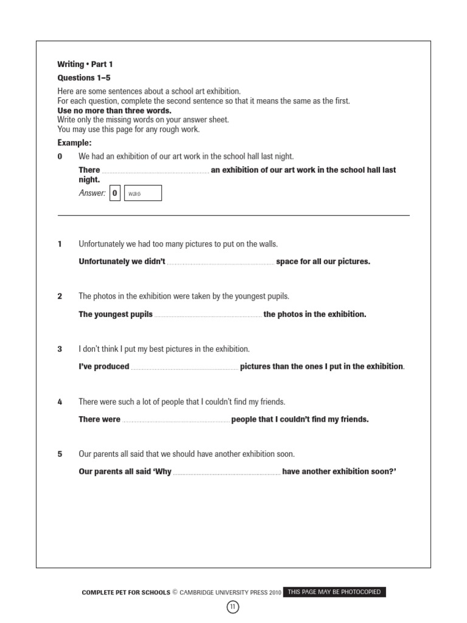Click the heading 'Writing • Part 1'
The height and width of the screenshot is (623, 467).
(x=85, y=64)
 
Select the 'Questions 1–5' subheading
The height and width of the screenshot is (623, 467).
(x=84, y=78)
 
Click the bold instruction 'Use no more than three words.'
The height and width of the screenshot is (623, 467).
(x=114, y=111)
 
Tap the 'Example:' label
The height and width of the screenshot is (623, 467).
(x=74, y=143)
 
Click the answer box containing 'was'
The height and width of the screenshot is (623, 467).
(x=143, y=193)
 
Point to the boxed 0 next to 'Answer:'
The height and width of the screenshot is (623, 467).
(x=115, y=193)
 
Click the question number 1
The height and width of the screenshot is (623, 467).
(x=60, y=244)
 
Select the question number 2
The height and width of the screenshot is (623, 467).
(x=60, y=296)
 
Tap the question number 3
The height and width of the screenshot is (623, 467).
(x=60, y=349)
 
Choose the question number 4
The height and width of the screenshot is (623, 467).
(x=60, y=402)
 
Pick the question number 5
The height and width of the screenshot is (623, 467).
(x=60, y=454)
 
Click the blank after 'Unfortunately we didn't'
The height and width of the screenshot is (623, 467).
(x=220, y=262)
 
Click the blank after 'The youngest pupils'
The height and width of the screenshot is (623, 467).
(x=208, y=315)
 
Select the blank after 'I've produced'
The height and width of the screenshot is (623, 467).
(x=184, y=367)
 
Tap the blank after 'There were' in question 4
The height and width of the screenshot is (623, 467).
(x=176, y=420)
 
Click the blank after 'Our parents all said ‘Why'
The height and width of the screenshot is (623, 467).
(x=227, y=472)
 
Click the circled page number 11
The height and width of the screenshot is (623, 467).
(x=233, y=607)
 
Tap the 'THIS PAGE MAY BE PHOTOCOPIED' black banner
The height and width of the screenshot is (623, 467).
(x=334, y=592)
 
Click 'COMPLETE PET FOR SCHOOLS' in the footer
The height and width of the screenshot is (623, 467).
(x=126, y=593)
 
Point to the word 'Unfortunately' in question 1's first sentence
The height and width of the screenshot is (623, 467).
(x=102, y=244)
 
